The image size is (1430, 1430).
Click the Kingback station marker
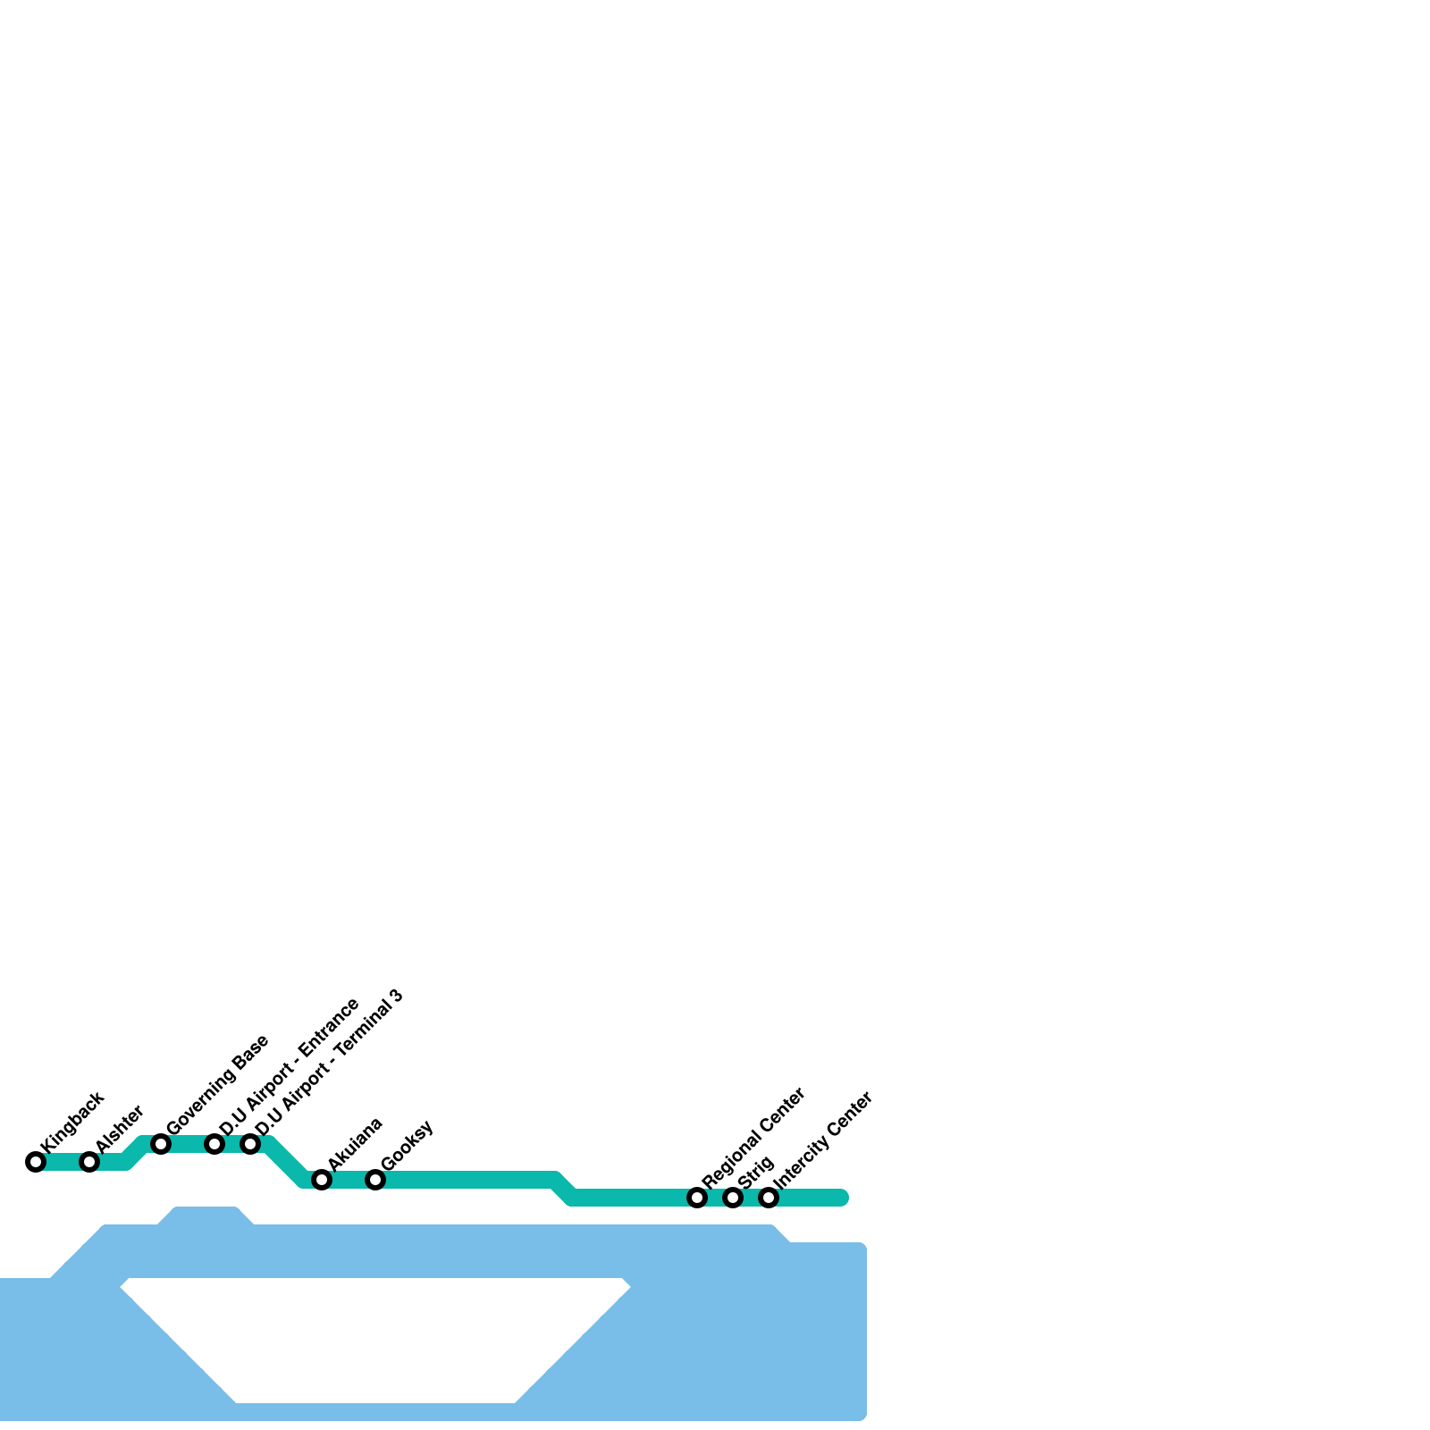click(x=36, y=1162)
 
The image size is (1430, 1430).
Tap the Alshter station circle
click(x=89, y=1162)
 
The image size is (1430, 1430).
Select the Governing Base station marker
click(x=161, y=1144)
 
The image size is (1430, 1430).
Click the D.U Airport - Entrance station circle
click(x=214, y=1144)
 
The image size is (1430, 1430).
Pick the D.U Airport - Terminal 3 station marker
click(x=250, y=1144)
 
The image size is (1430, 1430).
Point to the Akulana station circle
click(x=322, y=1180)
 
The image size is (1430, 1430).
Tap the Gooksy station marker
click(x=375, y=1180)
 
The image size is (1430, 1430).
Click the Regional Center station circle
click(x=697, y=1198)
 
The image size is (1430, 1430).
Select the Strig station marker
click(x=733, y=1198)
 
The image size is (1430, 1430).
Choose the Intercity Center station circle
click(x=769, y=1198)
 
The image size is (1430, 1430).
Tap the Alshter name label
click(x=120, y=1129)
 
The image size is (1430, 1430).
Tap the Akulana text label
click(x=356, y=1143)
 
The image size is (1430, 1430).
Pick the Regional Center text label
click(x=754, y=1138)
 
